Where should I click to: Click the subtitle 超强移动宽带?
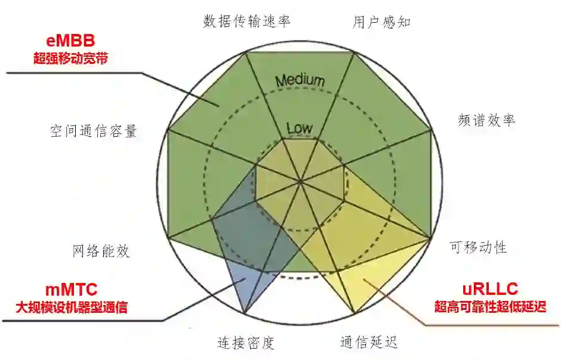pos(71,59)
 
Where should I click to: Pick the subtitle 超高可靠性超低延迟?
pos(489,307)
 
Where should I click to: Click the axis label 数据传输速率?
pos(246,21)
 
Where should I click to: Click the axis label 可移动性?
pos(478,247)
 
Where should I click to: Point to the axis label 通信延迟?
pos(369,342)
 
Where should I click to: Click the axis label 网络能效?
pos(101,251)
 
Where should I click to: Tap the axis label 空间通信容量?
pos(94,131)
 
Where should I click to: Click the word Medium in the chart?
pos(300,81)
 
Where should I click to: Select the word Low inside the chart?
pos(300,128)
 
